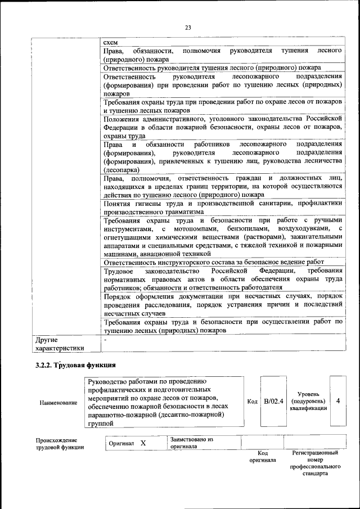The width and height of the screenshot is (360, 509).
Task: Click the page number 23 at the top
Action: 188,28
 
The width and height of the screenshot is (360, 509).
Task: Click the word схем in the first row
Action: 110,42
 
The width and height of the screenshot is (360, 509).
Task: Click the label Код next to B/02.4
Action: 253,402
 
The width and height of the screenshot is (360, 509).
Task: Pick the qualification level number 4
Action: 337,401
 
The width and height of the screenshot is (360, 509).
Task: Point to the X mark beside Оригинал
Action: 143,443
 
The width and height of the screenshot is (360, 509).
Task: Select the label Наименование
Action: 58,403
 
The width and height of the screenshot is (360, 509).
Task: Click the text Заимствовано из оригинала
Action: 191,443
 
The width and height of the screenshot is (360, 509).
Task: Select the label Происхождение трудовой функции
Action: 60,443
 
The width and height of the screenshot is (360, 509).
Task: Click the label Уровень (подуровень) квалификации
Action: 308,401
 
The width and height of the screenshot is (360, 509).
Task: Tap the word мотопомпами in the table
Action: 192,229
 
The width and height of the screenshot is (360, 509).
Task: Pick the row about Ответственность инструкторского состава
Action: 214,262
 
